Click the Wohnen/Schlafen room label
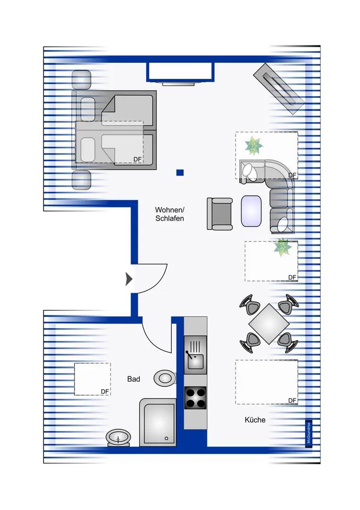169,214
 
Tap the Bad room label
134,379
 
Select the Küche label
255,420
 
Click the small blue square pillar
180,173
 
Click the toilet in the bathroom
165,377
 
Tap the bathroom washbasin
118,437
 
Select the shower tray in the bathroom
158,423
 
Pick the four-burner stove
195,397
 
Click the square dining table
268,324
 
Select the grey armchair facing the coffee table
220,213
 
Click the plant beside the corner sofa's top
254,146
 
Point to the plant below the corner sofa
283,247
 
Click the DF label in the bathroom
105,391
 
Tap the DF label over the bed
137,160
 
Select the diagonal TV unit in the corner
278,88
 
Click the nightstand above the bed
81,80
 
